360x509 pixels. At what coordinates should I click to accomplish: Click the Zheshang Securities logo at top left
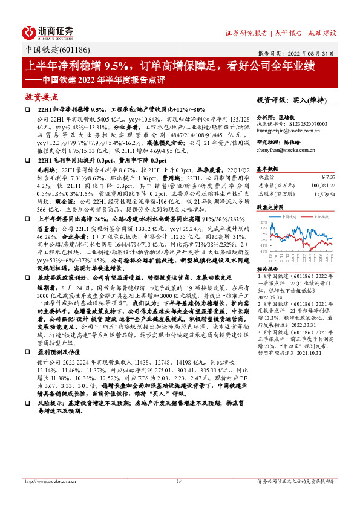tap(49, 31)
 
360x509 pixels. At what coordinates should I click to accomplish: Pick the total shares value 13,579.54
tap(324, 194)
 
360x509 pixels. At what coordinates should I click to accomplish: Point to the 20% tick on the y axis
tap(263, 222)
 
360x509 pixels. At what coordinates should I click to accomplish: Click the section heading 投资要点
tap(42, 97)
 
